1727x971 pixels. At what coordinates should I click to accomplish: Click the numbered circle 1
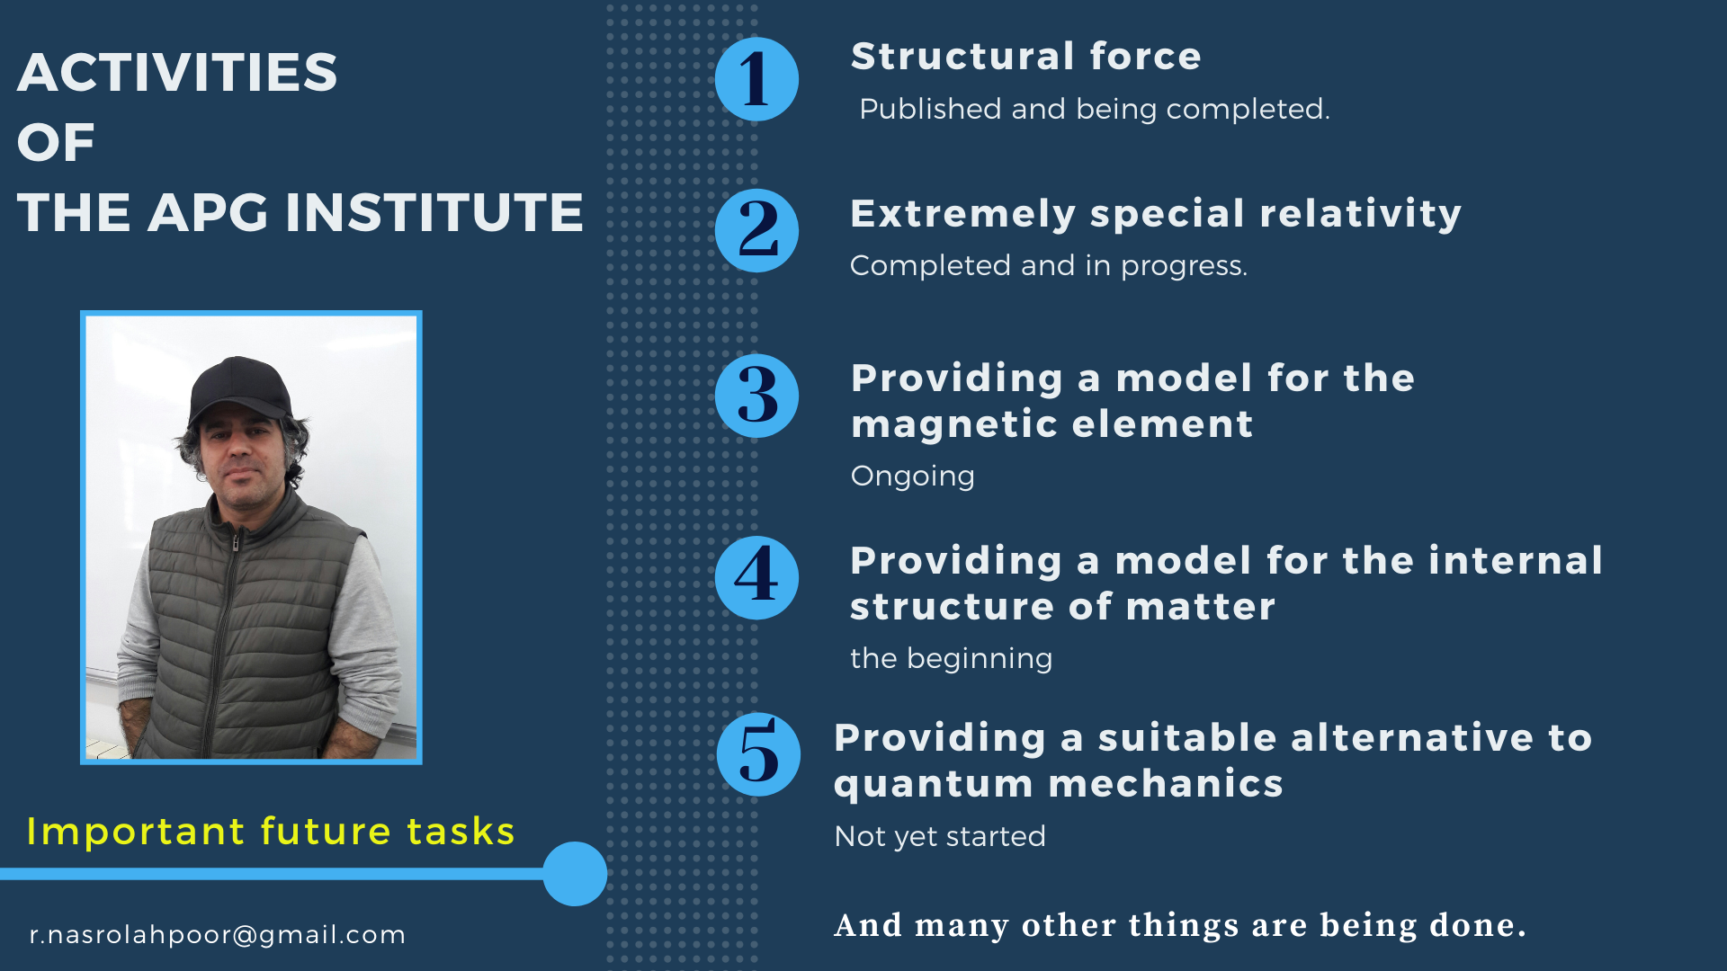pyautogui.click(x=756, y=79)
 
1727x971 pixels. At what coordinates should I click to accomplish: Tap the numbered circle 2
pyautogui.click(x=756, y=231)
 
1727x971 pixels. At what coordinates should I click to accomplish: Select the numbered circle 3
pyautogui.click(x=756, y=396)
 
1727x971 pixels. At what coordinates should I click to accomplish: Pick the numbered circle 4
pyautogui.click(x=756, y=577)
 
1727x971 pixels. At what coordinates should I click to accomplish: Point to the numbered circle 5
pyautogui.click(x=758, y=754)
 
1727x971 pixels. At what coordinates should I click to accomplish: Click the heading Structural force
pyautogui.click(x=1026, y=57)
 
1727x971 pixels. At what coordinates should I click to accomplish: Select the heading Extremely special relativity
pyautogui.click(x=1156, y=215)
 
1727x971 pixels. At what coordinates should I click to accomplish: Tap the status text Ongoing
pyautogui.click(x=913, y=476)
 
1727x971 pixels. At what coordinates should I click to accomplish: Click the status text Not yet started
pyautogui.click(x=940, y=836)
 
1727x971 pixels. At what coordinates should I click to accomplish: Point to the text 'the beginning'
pyautogui.click(x=952, y=658)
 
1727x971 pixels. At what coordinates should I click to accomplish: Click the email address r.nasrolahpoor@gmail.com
pyautogui.click(x=218, y=935)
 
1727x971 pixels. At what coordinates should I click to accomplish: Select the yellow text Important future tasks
pyautogui.click(x=271, y=832)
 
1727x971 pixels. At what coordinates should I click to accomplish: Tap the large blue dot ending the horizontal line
pyautogui.click(x=575, y=874)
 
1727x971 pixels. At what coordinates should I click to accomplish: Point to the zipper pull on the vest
pyautogui.click(x=236, y=542)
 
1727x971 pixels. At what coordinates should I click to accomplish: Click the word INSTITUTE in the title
pyautogui.click(x=434, y=213)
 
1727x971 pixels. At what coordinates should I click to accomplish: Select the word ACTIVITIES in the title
pyautogui.click(x=177, y=72)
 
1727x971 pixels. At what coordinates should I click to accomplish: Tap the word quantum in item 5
pyautogui.click(x=934, y=785)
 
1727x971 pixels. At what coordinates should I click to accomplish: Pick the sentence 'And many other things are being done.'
pyautogui.click(x=1180, y=925)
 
